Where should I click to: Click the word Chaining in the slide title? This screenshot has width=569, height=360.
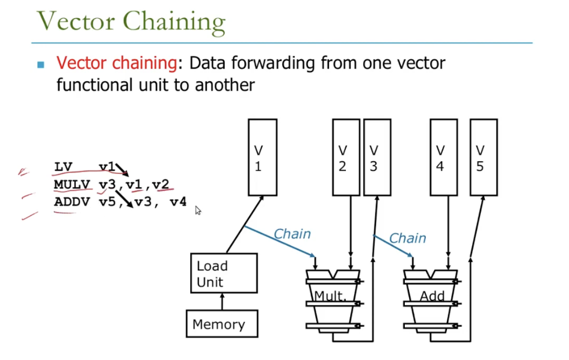coord(174,22)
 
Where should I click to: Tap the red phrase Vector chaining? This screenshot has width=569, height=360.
coord(117,63)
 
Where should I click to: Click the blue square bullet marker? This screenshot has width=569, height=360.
coord(41,64)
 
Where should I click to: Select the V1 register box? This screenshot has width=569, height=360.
coord(262,157)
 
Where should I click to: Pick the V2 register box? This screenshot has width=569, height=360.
coord(346,157)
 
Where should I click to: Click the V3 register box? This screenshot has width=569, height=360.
coord(377,157)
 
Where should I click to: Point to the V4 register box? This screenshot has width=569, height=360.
coord(443,157)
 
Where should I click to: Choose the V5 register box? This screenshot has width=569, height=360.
coord(484,157)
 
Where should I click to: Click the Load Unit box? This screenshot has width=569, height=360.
coord(224,273)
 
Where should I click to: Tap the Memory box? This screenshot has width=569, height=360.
coord(222,324)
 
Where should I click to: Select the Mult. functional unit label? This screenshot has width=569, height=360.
coord(330,296)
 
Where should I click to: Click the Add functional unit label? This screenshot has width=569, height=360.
coord(432,296)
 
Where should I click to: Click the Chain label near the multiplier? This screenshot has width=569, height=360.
coord(292,234)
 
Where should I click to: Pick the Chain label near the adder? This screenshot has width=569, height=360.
coord(408,238)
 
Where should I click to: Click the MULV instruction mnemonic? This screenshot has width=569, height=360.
coord(72,185)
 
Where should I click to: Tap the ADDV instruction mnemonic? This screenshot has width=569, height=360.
coord(72,202)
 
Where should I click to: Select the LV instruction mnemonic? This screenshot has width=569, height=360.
coord(63,167)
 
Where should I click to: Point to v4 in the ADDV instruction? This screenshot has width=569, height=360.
coord(178,202)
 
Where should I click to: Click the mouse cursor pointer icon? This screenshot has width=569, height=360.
coord(198,210)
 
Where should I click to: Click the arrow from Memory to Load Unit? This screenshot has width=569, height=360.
coord(222,302)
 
